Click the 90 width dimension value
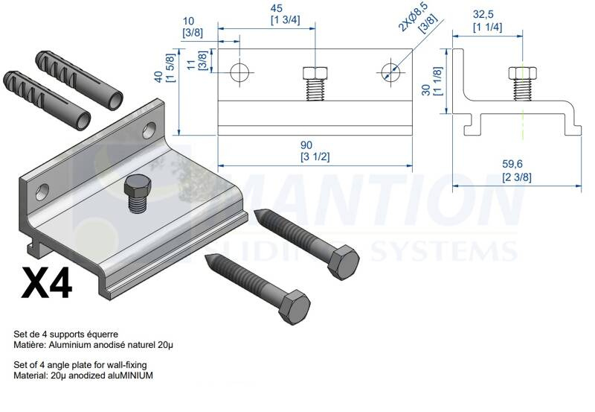coord(306,145)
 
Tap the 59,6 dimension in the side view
coord(512,164)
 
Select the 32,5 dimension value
coord(483,14)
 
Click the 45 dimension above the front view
coord(276,8)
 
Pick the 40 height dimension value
coord(159,76)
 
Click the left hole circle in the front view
coord(239,72)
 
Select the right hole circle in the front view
coord(390,72)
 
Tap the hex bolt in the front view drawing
coord(315,83)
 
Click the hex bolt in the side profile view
coord(523,83)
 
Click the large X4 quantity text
coord(47,283)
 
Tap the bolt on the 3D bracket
coord(138,193)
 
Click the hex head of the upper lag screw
coord(343,263)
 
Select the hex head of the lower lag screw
coord(294,308)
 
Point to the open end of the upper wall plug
coord(115,101)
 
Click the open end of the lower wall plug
coord(83,121)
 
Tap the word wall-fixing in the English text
coord(126,365)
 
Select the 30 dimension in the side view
coord(426,89)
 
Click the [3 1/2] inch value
coord(315,156)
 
